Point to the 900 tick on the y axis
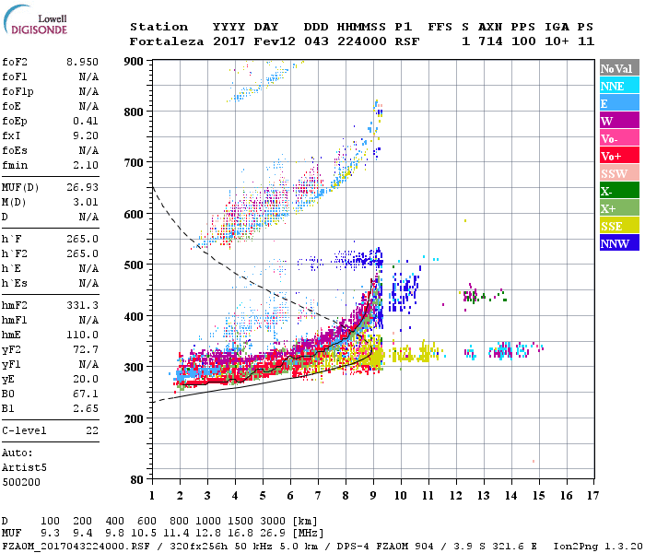tap(135, 62)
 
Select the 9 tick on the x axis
tap(373, 495)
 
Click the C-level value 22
tap(91, 431)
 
